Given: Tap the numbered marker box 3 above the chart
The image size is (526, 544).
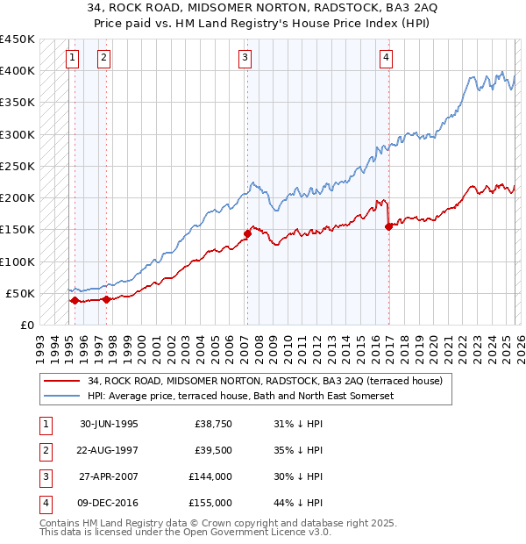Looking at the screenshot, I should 245,58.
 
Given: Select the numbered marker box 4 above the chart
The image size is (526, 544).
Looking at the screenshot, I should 386,58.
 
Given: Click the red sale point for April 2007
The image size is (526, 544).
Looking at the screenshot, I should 247,233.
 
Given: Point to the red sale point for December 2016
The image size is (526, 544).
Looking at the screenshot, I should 388,226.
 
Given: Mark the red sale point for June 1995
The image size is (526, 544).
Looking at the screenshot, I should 75,300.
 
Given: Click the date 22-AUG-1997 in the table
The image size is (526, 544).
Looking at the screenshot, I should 109,451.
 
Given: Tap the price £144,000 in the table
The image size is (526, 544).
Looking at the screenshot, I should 210,478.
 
